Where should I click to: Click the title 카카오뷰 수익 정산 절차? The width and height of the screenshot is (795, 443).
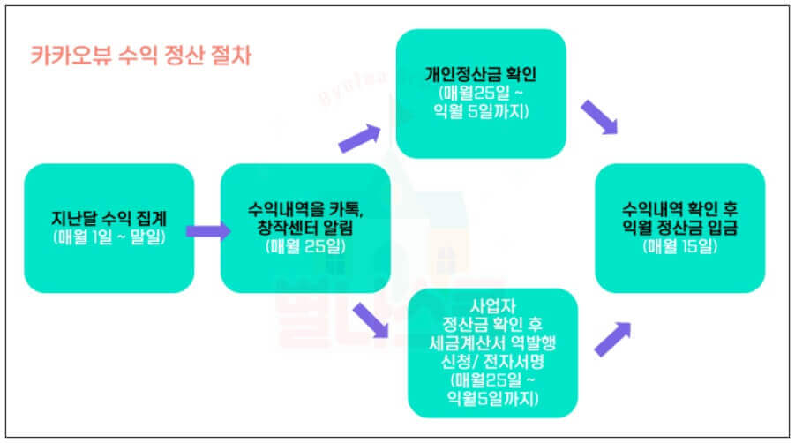coord(140,57)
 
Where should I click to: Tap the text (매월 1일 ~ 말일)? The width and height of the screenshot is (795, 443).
coord(109,237)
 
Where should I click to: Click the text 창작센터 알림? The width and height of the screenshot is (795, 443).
coord(304,229)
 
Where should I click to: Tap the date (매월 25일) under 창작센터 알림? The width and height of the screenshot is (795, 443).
coord(304,247)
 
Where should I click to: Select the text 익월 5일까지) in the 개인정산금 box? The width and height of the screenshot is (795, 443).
coord(481,109)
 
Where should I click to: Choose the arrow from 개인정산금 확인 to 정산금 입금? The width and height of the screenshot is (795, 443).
coord(600,117)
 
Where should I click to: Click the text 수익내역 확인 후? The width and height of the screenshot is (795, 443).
coord(679,210)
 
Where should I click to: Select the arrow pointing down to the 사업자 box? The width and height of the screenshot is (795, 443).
coord(370,321)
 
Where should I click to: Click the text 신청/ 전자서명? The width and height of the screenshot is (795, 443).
coord(492,363)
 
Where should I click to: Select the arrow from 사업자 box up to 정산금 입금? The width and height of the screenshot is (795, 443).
coord(612,340)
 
